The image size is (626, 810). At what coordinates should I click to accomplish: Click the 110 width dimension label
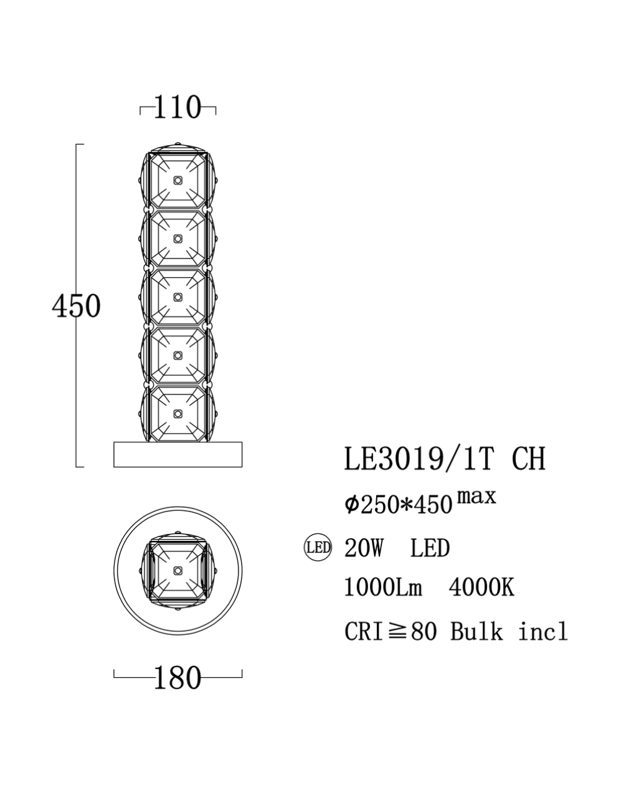pos(178,107)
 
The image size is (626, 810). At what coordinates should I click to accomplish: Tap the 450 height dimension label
pos(77,306)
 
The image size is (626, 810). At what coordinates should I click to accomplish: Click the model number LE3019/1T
pos(419,459)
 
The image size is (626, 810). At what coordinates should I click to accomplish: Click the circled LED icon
pos(318,548)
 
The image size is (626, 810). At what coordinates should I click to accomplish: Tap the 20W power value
pos(364,548)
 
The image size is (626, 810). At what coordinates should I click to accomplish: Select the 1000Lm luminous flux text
pos(383,588)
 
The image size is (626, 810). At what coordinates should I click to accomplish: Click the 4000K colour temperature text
pos(481,588)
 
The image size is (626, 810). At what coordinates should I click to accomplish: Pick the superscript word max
pos(477,497)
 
